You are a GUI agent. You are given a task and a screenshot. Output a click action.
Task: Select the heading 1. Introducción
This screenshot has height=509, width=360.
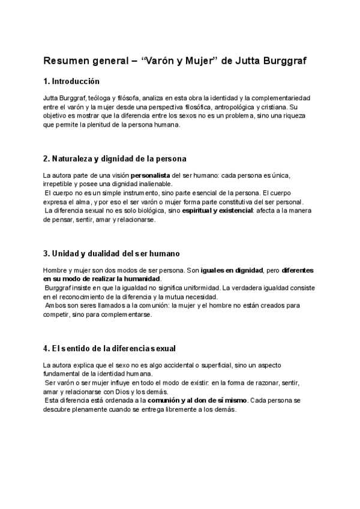[x=71, y=81]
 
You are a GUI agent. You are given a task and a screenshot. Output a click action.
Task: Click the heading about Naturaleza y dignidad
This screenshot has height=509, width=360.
[x=115, y=159]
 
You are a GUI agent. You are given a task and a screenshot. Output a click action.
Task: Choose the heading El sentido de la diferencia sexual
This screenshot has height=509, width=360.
[x=118, y=348]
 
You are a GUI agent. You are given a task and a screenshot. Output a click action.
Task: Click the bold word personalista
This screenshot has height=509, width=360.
[x=151, y=175]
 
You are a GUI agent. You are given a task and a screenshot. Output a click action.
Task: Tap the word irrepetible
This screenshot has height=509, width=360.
[x=58, y=184]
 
